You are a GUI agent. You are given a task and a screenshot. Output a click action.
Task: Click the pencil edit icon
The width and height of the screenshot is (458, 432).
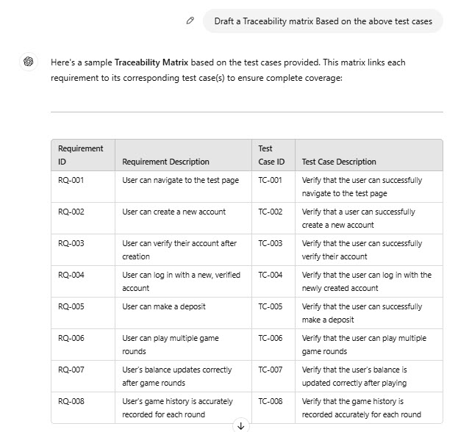[x=190, y=21]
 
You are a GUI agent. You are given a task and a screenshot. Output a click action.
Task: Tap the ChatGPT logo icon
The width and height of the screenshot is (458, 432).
[x=28, y=62]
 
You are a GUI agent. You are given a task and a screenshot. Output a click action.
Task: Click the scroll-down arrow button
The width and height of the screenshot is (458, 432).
[x=240, y=425]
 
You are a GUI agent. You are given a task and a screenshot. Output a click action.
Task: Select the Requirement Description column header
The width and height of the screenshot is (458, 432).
[x=165, y=162]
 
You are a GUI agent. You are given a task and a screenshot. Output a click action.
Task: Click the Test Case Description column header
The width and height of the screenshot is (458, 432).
[x=339, y=162]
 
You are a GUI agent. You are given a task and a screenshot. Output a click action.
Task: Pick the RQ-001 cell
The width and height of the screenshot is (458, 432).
[x=71, y=180]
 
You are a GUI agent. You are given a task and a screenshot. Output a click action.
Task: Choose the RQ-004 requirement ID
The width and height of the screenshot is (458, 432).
[x=71, y=275]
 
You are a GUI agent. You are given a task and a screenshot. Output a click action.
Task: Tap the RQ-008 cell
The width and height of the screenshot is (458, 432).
[x=71, y=401]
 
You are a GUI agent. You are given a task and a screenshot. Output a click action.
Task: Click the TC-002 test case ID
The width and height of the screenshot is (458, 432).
[x=271, y=212]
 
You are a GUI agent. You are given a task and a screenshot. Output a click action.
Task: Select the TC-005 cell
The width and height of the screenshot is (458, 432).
[x=271, y=306]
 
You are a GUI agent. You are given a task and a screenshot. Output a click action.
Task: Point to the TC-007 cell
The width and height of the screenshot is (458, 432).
[x=271, y=370]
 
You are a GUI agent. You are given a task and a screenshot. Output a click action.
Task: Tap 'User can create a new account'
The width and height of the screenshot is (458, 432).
[x=173, y=212]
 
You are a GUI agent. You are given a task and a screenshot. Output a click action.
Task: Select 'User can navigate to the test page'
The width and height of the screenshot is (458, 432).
[x=180, y=180]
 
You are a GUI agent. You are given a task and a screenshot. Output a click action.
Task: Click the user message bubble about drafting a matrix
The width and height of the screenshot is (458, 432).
[x=323, y=21]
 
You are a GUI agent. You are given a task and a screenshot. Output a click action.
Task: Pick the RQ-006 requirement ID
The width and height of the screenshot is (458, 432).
[x=71, y=338]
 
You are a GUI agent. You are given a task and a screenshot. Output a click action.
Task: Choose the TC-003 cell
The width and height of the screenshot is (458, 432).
[x=271, y=243]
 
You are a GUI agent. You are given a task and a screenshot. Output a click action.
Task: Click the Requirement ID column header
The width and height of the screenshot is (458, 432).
[x=81, y=155]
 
